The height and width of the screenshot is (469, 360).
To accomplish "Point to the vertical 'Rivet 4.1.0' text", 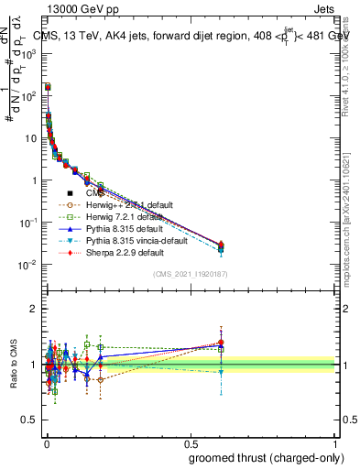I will pyautogui.click(x=347, y=69).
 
